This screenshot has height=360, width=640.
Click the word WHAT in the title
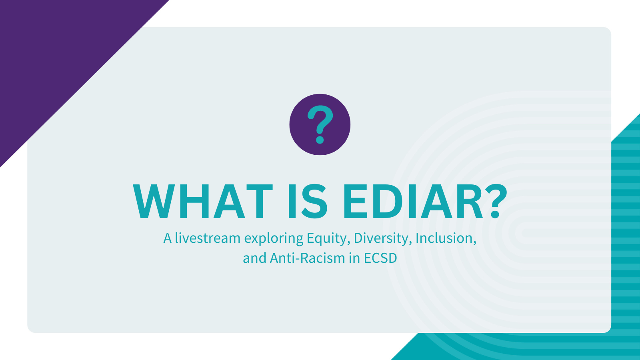click(x=202, y=202)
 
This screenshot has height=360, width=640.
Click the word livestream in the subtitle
click(x=208, y=238)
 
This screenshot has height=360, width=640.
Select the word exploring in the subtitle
click(x=274, y=239)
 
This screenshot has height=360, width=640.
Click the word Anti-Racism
click(x=307, y=258)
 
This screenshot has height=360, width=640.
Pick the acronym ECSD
click(x=380, y=258)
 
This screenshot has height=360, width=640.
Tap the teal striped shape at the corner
click(x=626, y=240)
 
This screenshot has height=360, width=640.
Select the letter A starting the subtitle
click(x=167, y=238)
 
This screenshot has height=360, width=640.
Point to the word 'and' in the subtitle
click(x=254, y=258)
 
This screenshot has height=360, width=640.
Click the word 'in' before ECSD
click(x=354, y=258)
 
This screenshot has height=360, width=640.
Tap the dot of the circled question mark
click(x=320, y=140)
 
